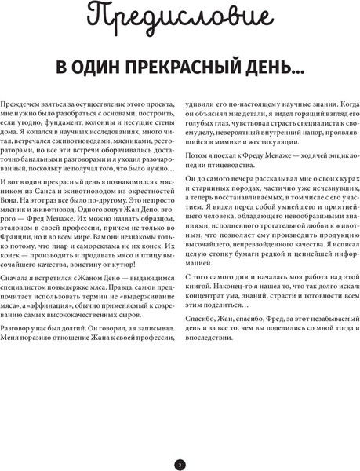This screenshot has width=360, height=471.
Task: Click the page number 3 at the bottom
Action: coord(180,443)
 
